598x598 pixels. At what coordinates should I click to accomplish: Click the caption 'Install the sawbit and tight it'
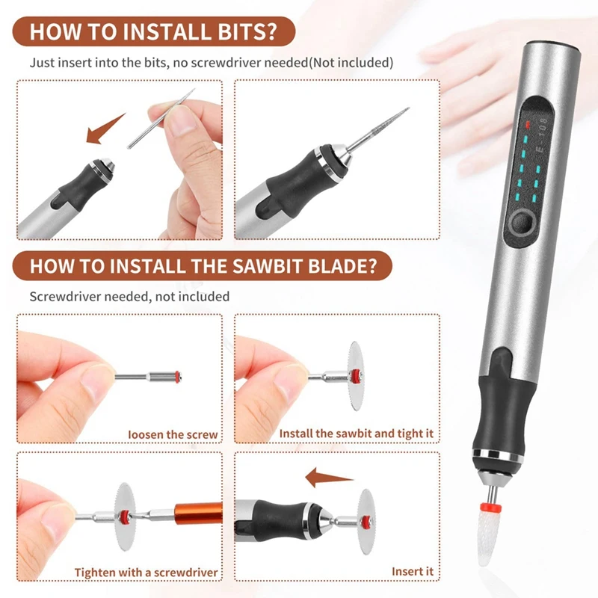click(x=356, y=434)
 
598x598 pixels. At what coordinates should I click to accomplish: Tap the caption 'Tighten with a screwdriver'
click(x=146, y=573)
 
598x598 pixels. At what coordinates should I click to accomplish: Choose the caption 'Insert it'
click(x=413, y=572)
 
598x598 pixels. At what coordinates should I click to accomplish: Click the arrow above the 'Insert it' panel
click(x=329, y=475)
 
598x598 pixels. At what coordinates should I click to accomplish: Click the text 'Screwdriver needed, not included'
click(x=129, y=297)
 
